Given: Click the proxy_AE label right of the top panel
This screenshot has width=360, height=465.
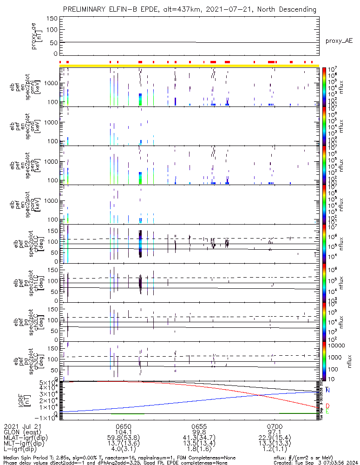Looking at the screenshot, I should [x=340, y=41].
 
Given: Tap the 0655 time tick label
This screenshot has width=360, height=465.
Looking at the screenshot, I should [x=199, y=425].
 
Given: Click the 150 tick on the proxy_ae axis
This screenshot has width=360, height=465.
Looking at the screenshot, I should [x=52, y=19].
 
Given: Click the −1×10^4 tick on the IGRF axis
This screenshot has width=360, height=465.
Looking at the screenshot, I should [x=47, y=417].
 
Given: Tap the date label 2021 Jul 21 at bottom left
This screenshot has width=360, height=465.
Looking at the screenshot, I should [x=23, y=425].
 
